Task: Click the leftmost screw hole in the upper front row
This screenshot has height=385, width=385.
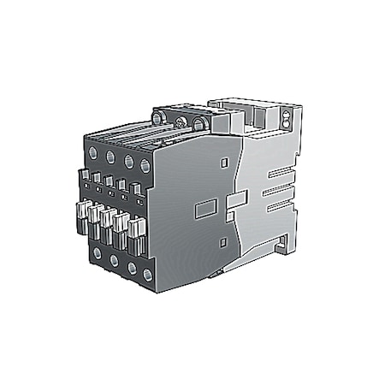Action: pyautogui.click(x=92, y=152)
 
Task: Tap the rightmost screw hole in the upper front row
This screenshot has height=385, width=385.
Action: pyautogui.click(x=145, y=163)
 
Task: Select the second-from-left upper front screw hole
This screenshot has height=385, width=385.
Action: pyautogui.click(x=110, y=156)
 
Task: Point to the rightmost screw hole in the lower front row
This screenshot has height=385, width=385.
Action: pyautogui.click(x=148, y=274)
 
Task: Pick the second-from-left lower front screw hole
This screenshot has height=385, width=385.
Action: pyautogui.click(x=113, y=258)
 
